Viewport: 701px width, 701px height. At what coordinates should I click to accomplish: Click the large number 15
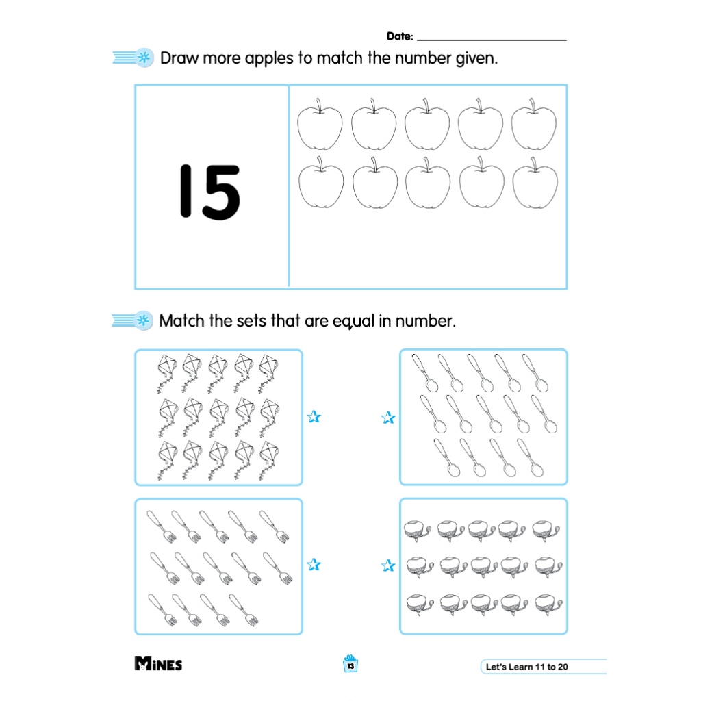point(210,192)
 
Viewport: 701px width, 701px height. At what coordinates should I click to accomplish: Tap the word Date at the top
point(399,36)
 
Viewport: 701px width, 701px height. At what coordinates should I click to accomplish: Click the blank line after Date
point(492,40)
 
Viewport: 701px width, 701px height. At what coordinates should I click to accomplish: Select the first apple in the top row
point(320,125)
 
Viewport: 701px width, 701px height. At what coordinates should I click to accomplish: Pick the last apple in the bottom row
point(535,183)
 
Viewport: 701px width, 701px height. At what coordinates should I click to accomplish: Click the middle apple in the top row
point(427,125)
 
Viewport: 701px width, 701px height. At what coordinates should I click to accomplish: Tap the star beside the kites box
point(314,417)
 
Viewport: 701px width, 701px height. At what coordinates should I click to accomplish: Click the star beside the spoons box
point(388,418)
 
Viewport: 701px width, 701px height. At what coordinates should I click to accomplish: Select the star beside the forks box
point(314,564)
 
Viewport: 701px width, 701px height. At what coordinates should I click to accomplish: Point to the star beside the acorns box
point(388,565)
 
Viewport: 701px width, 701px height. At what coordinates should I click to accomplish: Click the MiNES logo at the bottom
point(158,663)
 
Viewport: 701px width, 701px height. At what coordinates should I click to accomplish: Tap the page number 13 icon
point(350,664)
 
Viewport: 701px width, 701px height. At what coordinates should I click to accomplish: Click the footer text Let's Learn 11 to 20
point(526,667)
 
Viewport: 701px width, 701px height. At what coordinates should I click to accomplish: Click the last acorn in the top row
point(546,531)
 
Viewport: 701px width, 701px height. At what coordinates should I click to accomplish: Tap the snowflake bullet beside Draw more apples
point(144,58)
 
